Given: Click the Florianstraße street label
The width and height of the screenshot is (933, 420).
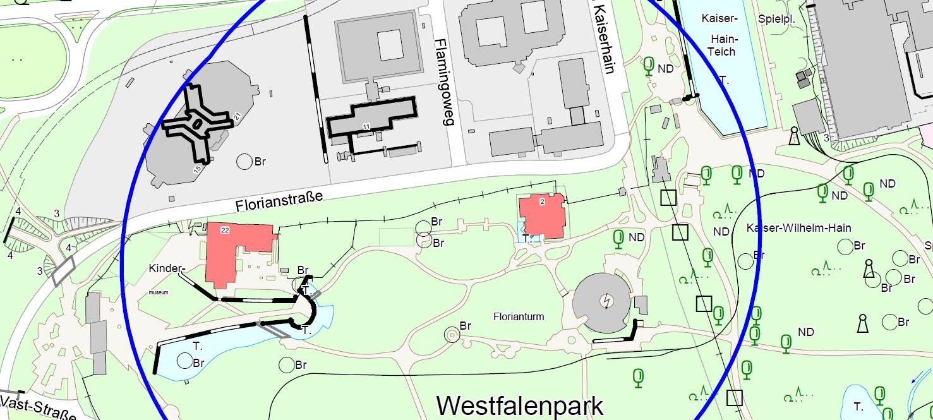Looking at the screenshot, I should point(279,201).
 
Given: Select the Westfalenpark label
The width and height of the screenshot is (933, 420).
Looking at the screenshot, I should point(520,405).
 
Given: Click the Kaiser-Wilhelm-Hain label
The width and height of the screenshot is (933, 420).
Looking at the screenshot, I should point(799,228).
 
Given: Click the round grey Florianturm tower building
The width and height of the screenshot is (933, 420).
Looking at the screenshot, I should point(602,303).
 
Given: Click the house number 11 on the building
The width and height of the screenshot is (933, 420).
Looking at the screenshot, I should point(366,128).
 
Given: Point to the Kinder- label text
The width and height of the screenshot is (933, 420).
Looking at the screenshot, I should point(167,268).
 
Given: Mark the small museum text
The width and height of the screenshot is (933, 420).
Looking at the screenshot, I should point(159,292).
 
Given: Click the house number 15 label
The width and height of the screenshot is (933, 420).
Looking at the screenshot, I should point(196,171).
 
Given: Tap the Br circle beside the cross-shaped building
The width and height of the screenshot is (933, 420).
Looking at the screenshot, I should point(244,162).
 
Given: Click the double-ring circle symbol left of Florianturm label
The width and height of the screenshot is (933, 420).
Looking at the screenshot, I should point(452,334).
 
